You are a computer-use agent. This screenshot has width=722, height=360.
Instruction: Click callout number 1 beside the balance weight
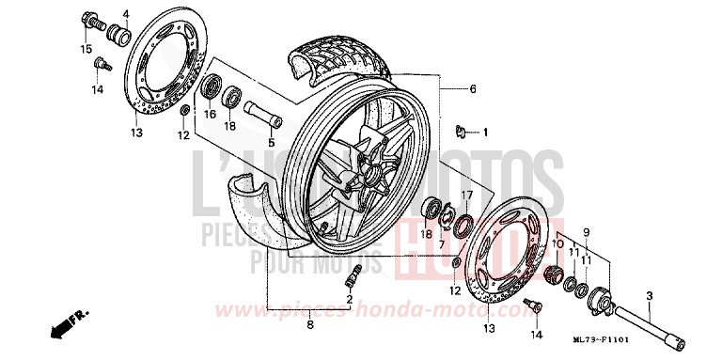(x=486, y=132)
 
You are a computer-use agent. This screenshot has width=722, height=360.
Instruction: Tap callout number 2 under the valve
(x=349, y=299)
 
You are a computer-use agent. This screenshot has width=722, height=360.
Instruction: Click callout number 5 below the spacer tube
(x=270, y=144)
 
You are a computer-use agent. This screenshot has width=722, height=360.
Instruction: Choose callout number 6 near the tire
(x=473, y=89)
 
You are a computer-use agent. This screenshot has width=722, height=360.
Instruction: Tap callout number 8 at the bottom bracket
(x=309, y=326)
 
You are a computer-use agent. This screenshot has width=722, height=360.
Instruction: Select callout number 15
(x=86, y=49)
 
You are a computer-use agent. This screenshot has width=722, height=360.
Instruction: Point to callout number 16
(x=211, y=115)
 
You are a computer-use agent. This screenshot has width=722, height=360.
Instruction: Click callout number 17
(x=464, y=195)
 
